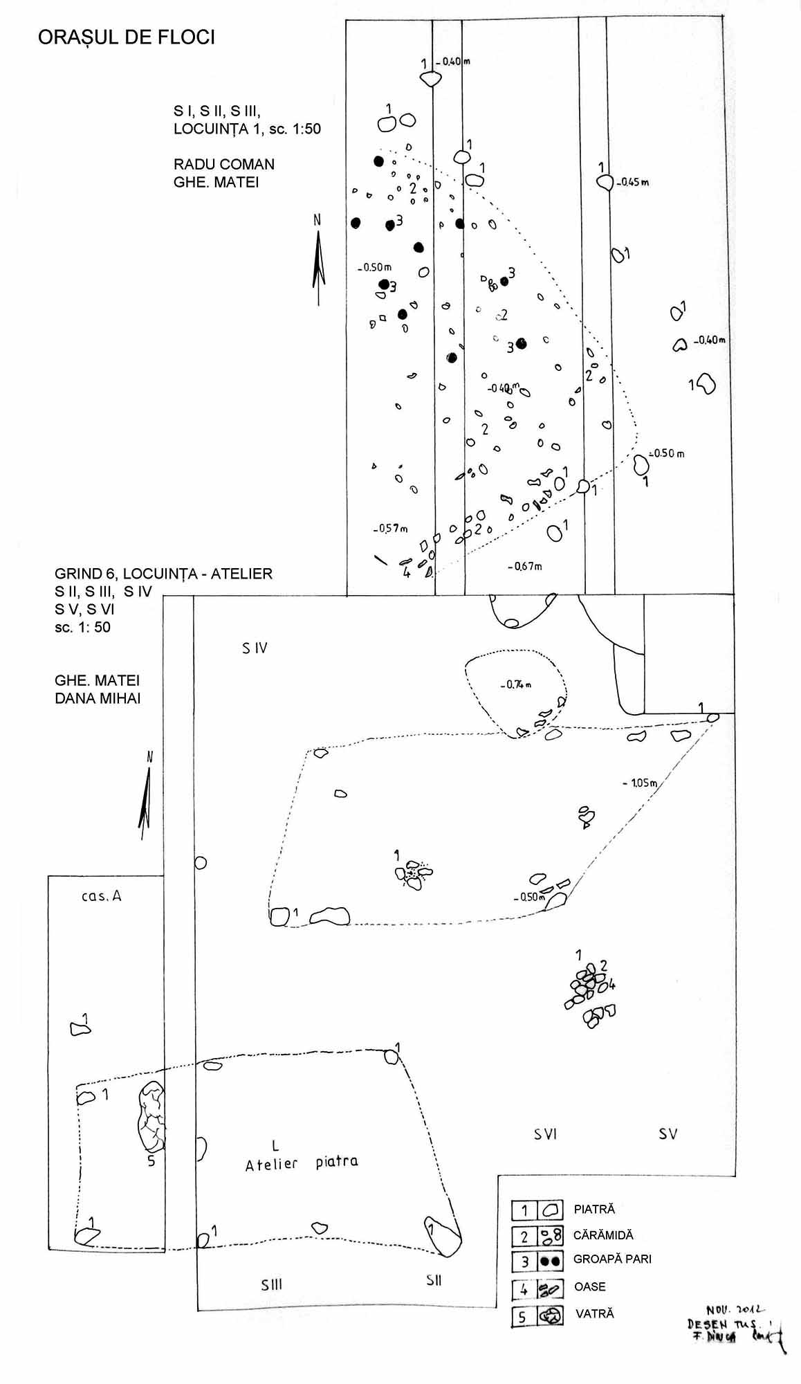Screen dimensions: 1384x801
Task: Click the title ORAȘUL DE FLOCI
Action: [x=127, y=38]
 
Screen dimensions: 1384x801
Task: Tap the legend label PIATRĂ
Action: [x=594, y=1210]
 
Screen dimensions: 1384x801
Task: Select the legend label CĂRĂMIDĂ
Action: [x=603, y=1235]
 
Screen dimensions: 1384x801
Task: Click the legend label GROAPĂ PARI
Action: [x=612, y=1259]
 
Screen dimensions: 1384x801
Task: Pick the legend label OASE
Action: [x=590, y=1286]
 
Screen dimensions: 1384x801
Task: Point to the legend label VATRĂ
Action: [x=594, y=1313]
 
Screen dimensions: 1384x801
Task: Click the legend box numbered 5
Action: [x=523, y=1317]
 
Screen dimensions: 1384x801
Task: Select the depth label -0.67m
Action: [x=525, y=567]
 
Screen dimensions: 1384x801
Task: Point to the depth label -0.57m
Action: [x=391, y=529]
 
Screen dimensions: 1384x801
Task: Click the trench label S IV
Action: [x=255, y=648]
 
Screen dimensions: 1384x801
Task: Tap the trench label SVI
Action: [x=545, y=1133]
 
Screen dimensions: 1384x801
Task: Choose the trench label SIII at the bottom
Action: [x=272, y=1284]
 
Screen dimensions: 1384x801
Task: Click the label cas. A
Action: [x=101, y=895]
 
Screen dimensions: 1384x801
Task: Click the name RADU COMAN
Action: [x=224, y=164]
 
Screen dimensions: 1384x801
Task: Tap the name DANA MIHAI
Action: [x=98, y=698]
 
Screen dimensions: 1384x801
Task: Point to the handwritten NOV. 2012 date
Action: [x=734, y=1309]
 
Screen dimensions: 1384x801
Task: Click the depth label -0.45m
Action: [x=633, y=183]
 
